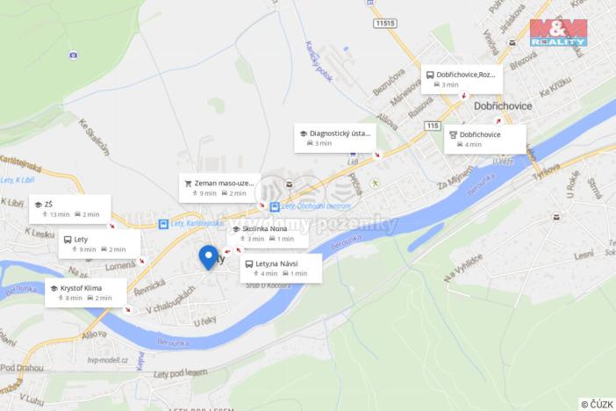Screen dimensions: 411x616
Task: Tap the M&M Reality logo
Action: [x=558, y=32]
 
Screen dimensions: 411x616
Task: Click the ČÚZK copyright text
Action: [x=597, y=403]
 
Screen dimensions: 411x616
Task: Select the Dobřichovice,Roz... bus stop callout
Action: [x=462, y=79]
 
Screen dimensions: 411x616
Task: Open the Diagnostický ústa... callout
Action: [x=335, y=138]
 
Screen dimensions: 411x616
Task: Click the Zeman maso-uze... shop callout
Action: [x=220, y=187]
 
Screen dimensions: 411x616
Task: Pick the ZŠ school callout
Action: [x=69, y=208]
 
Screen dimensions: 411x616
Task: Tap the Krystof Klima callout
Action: [x=85, y=292]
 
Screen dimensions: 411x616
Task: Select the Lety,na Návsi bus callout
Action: [x=281, y=268]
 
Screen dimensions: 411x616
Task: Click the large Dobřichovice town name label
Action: [x=503, y=105]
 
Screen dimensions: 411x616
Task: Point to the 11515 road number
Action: [x=383, y=23]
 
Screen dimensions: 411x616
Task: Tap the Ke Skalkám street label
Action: [x=95, y=136]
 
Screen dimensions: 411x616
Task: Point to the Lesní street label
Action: [x=584, y=256]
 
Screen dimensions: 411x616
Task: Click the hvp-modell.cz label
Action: [x=108, y=359]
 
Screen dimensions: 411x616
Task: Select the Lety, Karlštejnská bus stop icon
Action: [x=163, y=224]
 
